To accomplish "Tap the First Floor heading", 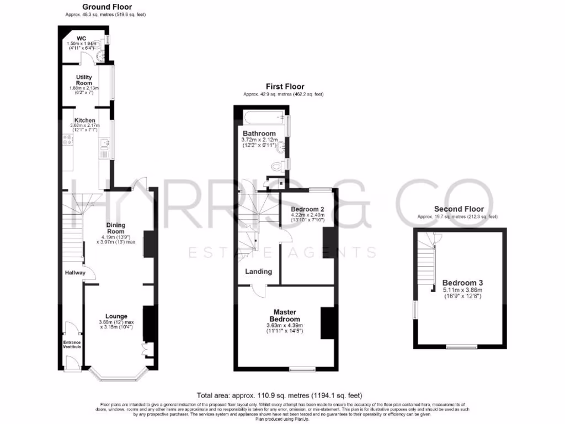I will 285,87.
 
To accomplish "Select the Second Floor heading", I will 459,209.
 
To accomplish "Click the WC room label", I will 81,38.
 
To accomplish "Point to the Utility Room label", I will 84,80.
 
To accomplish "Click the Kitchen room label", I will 85,120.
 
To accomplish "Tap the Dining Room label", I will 116,228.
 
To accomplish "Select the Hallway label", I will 75,273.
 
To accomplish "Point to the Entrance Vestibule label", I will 72,344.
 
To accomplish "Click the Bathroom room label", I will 259,134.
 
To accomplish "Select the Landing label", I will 259,272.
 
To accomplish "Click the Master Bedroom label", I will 285,316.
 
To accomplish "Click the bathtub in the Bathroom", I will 263,117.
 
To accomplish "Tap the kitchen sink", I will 105,145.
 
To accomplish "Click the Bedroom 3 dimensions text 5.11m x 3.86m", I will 462,290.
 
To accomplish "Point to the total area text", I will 279,395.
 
